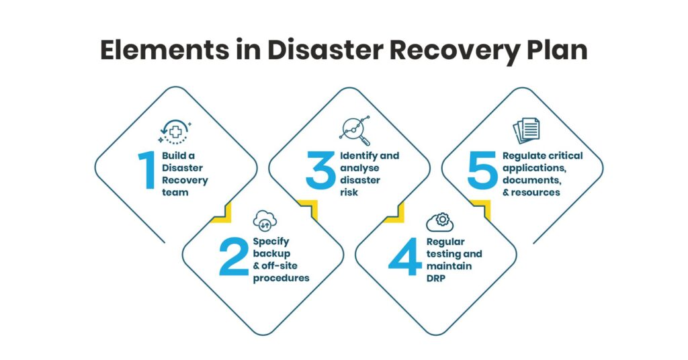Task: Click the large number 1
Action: [147, 171]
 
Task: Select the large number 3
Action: [320, 171]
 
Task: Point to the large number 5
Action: [481, 171]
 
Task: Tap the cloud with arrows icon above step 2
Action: [265, 220]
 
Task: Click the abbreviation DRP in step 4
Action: [437, 278]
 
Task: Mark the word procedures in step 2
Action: [281, 278]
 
